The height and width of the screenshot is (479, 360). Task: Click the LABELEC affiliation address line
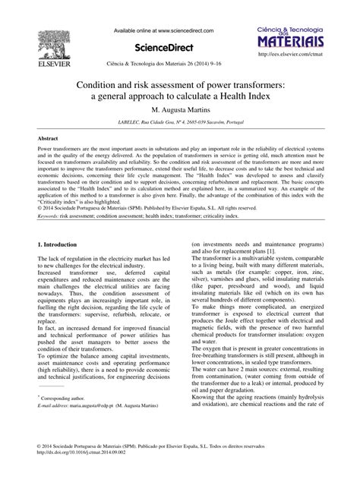coord(180,124)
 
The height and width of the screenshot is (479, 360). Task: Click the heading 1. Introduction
coord(57,245)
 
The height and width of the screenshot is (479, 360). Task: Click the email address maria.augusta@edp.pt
coord(102,407)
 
